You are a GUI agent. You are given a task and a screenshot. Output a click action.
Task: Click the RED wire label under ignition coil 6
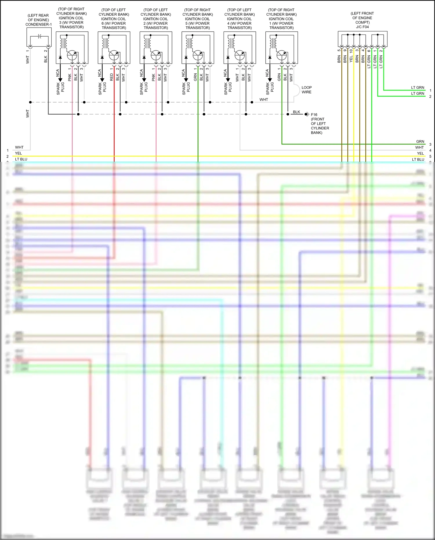coord(112,77)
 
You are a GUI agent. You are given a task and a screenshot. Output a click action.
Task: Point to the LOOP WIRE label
coord(307,90)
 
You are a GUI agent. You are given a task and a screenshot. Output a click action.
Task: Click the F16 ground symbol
coord(307,114)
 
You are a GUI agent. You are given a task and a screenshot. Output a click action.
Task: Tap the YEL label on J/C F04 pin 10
coord(351,59)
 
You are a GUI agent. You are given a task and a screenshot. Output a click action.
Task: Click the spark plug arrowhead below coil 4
coord(228,80)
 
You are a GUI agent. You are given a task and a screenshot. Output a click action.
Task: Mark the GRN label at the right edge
coord(420,142)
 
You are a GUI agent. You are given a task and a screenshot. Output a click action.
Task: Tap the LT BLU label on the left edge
coord(21,159)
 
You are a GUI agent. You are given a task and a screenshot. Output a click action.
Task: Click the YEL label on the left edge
coord(18,153)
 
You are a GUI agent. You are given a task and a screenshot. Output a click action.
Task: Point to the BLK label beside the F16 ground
coord(296,112)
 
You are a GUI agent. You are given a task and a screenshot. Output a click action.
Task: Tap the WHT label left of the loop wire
coord(264,100)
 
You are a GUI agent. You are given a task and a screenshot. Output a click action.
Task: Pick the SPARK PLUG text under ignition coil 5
coord(186,88)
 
